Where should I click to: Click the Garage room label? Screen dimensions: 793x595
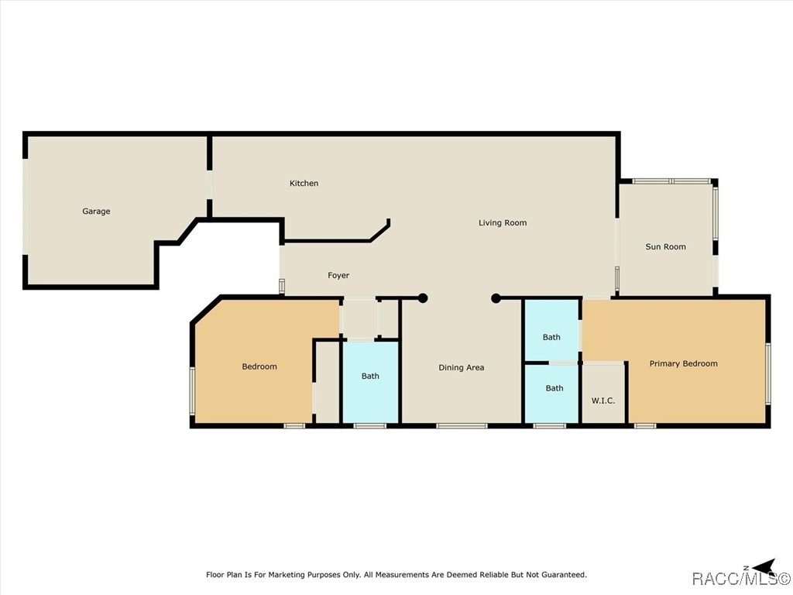[96, 212]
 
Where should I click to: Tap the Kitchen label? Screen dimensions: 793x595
[304, 183]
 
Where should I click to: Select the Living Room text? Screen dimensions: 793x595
[503, 222]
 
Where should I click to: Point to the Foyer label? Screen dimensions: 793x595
[338, 275]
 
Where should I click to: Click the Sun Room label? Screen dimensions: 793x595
[665, 247]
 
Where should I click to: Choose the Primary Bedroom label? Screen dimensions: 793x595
[683, 364]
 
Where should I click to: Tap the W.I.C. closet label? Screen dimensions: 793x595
[603, 401]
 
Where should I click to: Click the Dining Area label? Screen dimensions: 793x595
[462, 368]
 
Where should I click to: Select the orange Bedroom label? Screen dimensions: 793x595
[259, 366]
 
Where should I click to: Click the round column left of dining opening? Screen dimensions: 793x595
[423, 298]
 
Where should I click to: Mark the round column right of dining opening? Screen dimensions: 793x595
[496, 298]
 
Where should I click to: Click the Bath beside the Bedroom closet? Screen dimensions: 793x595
[370, 376]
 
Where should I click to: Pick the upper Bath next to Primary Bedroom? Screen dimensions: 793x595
[551, 337]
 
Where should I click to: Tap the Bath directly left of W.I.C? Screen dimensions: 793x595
[554, 388]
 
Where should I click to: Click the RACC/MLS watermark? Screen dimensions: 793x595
[741, 578]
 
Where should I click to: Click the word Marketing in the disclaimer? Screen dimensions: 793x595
[287, 575]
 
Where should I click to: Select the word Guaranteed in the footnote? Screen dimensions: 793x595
[564, 575]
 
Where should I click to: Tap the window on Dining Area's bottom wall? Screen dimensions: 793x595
[462, 426]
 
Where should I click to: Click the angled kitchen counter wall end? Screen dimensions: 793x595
[389, 222]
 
